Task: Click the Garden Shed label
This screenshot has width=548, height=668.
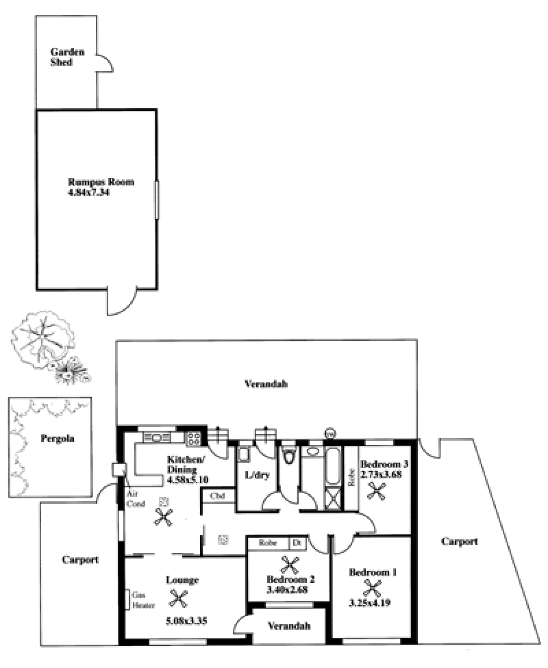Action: (67, 57)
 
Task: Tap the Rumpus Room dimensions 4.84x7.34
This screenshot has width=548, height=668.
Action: (88, 192)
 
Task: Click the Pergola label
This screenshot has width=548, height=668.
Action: (58, 438)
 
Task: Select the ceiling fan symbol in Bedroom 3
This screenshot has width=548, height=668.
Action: (377, 491)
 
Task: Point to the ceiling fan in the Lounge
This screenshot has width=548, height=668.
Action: (178, 598)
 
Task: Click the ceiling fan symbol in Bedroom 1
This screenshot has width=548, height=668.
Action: (372, 589)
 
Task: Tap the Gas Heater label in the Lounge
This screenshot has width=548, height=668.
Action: (143, 600)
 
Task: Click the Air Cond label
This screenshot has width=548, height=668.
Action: (136, 498)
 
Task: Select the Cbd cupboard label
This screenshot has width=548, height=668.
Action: (217, 496)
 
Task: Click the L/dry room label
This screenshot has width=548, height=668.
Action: (257, 475)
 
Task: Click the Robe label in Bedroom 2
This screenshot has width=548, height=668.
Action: (267, 543)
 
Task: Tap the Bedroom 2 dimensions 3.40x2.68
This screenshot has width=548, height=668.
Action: (287, 589)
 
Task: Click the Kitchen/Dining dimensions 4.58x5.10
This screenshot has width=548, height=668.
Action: (188, 480)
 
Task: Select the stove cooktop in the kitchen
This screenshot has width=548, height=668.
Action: (194, 439)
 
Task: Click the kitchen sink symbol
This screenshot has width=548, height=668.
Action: (156, 437)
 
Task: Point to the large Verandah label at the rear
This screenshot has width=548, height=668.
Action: (266, 384)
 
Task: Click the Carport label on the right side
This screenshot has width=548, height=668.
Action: (460, 541)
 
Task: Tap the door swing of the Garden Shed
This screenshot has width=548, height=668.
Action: (105, 63)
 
